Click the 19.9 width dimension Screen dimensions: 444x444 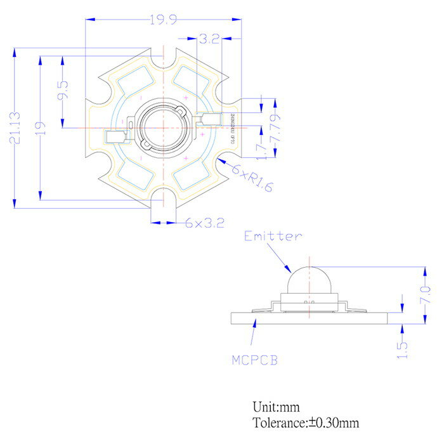163,20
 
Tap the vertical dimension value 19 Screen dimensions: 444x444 41,127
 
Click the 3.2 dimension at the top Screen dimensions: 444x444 209,39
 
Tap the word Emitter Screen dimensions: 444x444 273,236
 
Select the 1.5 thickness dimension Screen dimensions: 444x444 402,348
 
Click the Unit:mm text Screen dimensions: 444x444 276,407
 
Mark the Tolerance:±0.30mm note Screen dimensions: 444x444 307,422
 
